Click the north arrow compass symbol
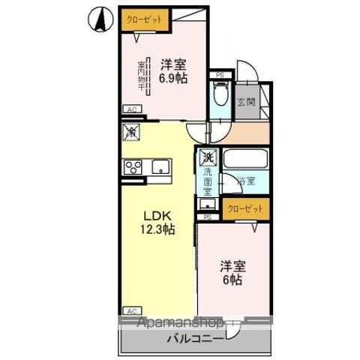[99, 19]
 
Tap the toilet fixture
[219, 94]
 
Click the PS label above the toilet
[219, 75]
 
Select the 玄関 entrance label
[244, 103]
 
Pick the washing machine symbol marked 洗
[207, 159]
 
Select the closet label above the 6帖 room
[244, 209]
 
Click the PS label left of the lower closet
[207, 217]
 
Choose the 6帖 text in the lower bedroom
[230, 272]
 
